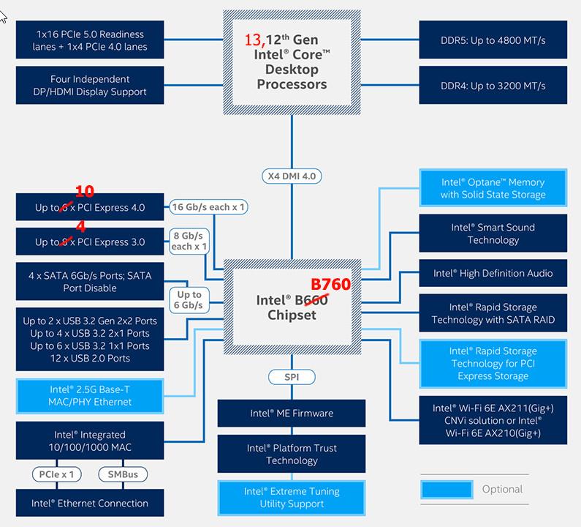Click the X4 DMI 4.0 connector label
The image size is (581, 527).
[x=292, y=176]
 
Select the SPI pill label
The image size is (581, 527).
[x=292, y=377]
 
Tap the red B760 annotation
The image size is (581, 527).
[x=331, y=285]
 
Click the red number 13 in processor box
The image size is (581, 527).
[x=254, y=40]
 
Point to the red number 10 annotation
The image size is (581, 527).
[x=84, y=191]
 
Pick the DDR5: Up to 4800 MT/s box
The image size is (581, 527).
[x=493, y=40]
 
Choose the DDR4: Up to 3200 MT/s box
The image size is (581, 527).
[x=493, y=86]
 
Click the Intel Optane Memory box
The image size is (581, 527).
[x=493, y=188]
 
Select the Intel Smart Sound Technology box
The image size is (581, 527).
[x=493, y=233]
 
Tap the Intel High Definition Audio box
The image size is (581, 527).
[x=493, y=273]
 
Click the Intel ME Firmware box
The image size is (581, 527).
[x=292, y=414]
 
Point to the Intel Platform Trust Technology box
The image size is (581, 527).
[x=292, y=454]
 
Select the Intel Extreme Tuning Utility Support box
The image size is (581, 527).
[x=292, y=498]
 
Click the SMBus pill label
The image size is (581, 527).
[x=122, y=474]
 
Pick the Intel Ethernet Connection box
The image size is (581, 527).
[x=90, y=504]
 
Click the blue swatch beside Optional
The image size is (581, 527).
[x=446, y=489]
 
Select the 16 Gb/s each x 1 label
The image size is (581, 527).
[x=209, y=207]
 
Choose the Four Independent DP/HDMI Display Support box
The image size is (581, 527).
[x=89, y=86]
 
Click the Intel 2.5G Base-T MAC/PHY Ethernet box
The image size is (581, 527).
[x=89, y=395]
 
